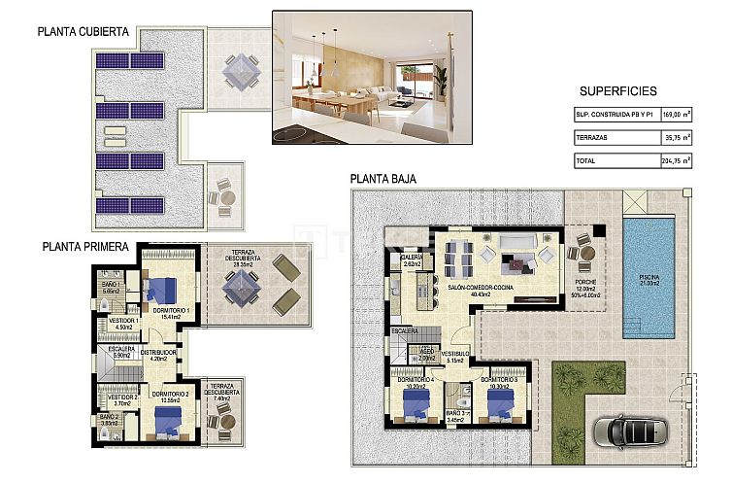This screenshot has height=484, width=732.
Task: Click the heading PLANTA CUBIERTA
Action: pos(83,31)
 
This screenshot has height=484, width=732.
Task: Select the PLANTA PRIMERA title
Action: pos(85,247)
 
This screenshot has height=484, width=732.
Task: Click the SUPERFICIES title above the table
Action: pos(617,91)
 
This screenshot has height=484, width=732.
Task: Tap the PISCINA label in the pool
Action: pos(649,278)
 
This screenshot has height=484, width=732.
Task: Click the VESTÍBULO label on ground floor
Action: pos(456,354)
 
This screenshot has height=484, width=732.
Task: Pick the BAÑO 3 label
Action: pos(457,413)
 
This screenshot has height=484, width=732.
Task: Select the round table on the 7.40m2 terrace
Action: pos(225,422)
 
